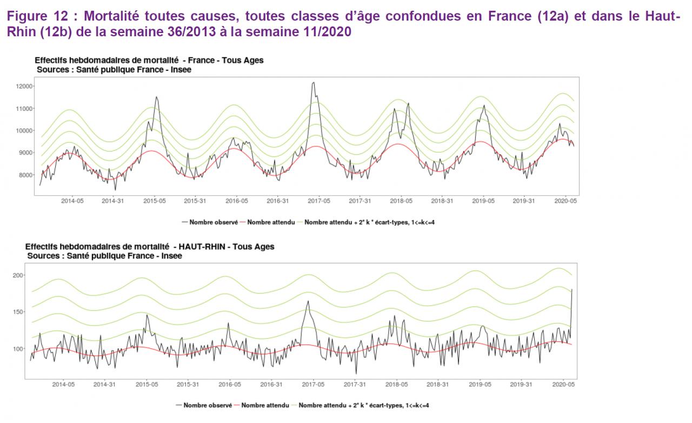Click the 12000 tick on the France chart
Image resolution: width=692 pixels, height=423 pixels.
pos(25,87)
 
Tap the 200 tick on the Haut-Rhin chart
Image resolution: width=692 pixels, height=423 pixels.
pos(18,275)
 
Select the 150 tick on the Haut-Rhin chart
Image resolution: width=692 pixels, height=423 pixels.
pos(18,312)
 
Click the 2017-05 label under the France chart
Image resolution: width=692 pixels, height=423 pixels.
pos(319,201)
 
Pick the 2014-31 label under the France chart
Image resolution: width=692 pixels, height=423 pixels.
pos(113,201)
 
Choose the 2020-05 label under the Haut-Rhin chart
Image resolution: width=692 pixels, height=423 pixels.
pos(563,385)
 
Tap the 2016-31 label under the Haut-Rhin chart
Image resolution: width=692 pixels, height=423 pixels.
pos(271,385)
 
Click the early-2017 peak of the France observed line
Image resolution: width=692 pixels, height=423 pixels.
pos(314,83)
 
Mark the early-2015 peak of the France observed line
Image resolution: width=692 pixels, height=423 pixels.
pos(157,97)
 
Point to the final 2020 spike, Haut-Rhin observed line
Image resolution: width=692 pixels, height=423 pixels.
pos(572,289)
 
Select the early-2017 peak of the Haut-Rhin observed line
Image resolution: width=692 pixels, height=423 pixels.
pos(308,301)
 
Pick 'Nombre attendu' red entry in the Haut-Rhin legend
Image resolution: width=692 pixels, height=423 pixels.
pos(263,405)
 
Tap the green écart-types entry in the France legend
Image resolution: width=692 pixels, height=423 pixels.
pos(370,222)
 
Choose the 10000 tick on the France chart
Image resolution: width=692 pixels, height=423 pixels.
pos(25,131)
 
